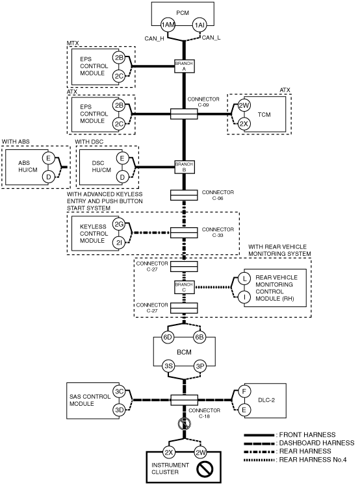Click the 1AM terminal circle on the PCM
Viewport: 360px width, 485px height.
pos(168,25)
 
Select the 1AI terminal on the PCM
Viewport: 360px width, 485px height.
pos(199,25)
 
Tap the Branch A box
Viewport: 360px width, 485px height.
pos(184,66)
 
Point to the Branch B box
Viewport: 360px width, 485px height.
pos(184,167)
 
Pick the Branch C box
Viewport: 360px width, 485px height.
pos(184,288)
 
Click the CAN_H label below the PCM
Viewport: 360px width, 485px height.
pos(154,39)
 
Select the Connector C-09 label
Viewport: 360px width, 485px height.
pos(203,102)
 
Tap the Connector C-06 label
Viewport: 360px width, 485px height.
pos(218,195)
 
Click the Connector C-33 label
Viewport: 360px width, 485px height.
pos(218,232)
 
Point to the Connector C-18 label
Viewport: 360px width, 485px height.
pos(204,413)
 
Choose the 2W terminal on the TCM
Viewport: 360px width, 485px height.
pos(244,105)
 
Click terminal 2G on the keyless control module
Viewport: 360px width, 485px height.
pos(119,224)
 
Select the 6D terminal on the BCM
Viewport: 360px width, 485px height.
pos(168,337)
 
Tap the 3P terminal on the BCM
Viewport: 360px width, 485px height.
pos(200,366)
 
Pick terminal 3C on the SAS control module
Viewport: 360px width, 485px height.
pos(119,392)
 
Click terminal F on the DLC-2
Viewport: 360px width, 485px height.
pos(244,392)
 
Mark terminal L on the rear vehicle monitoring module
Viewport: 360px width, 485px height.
pos(244,279)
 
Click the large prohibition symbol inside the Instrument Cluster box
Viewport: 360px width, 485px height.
pos(205,468)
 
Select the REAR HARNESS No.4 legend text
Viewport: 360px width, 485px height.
pos(313,460)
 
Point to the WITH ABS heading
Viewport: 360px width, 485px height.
pos(16,142)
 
